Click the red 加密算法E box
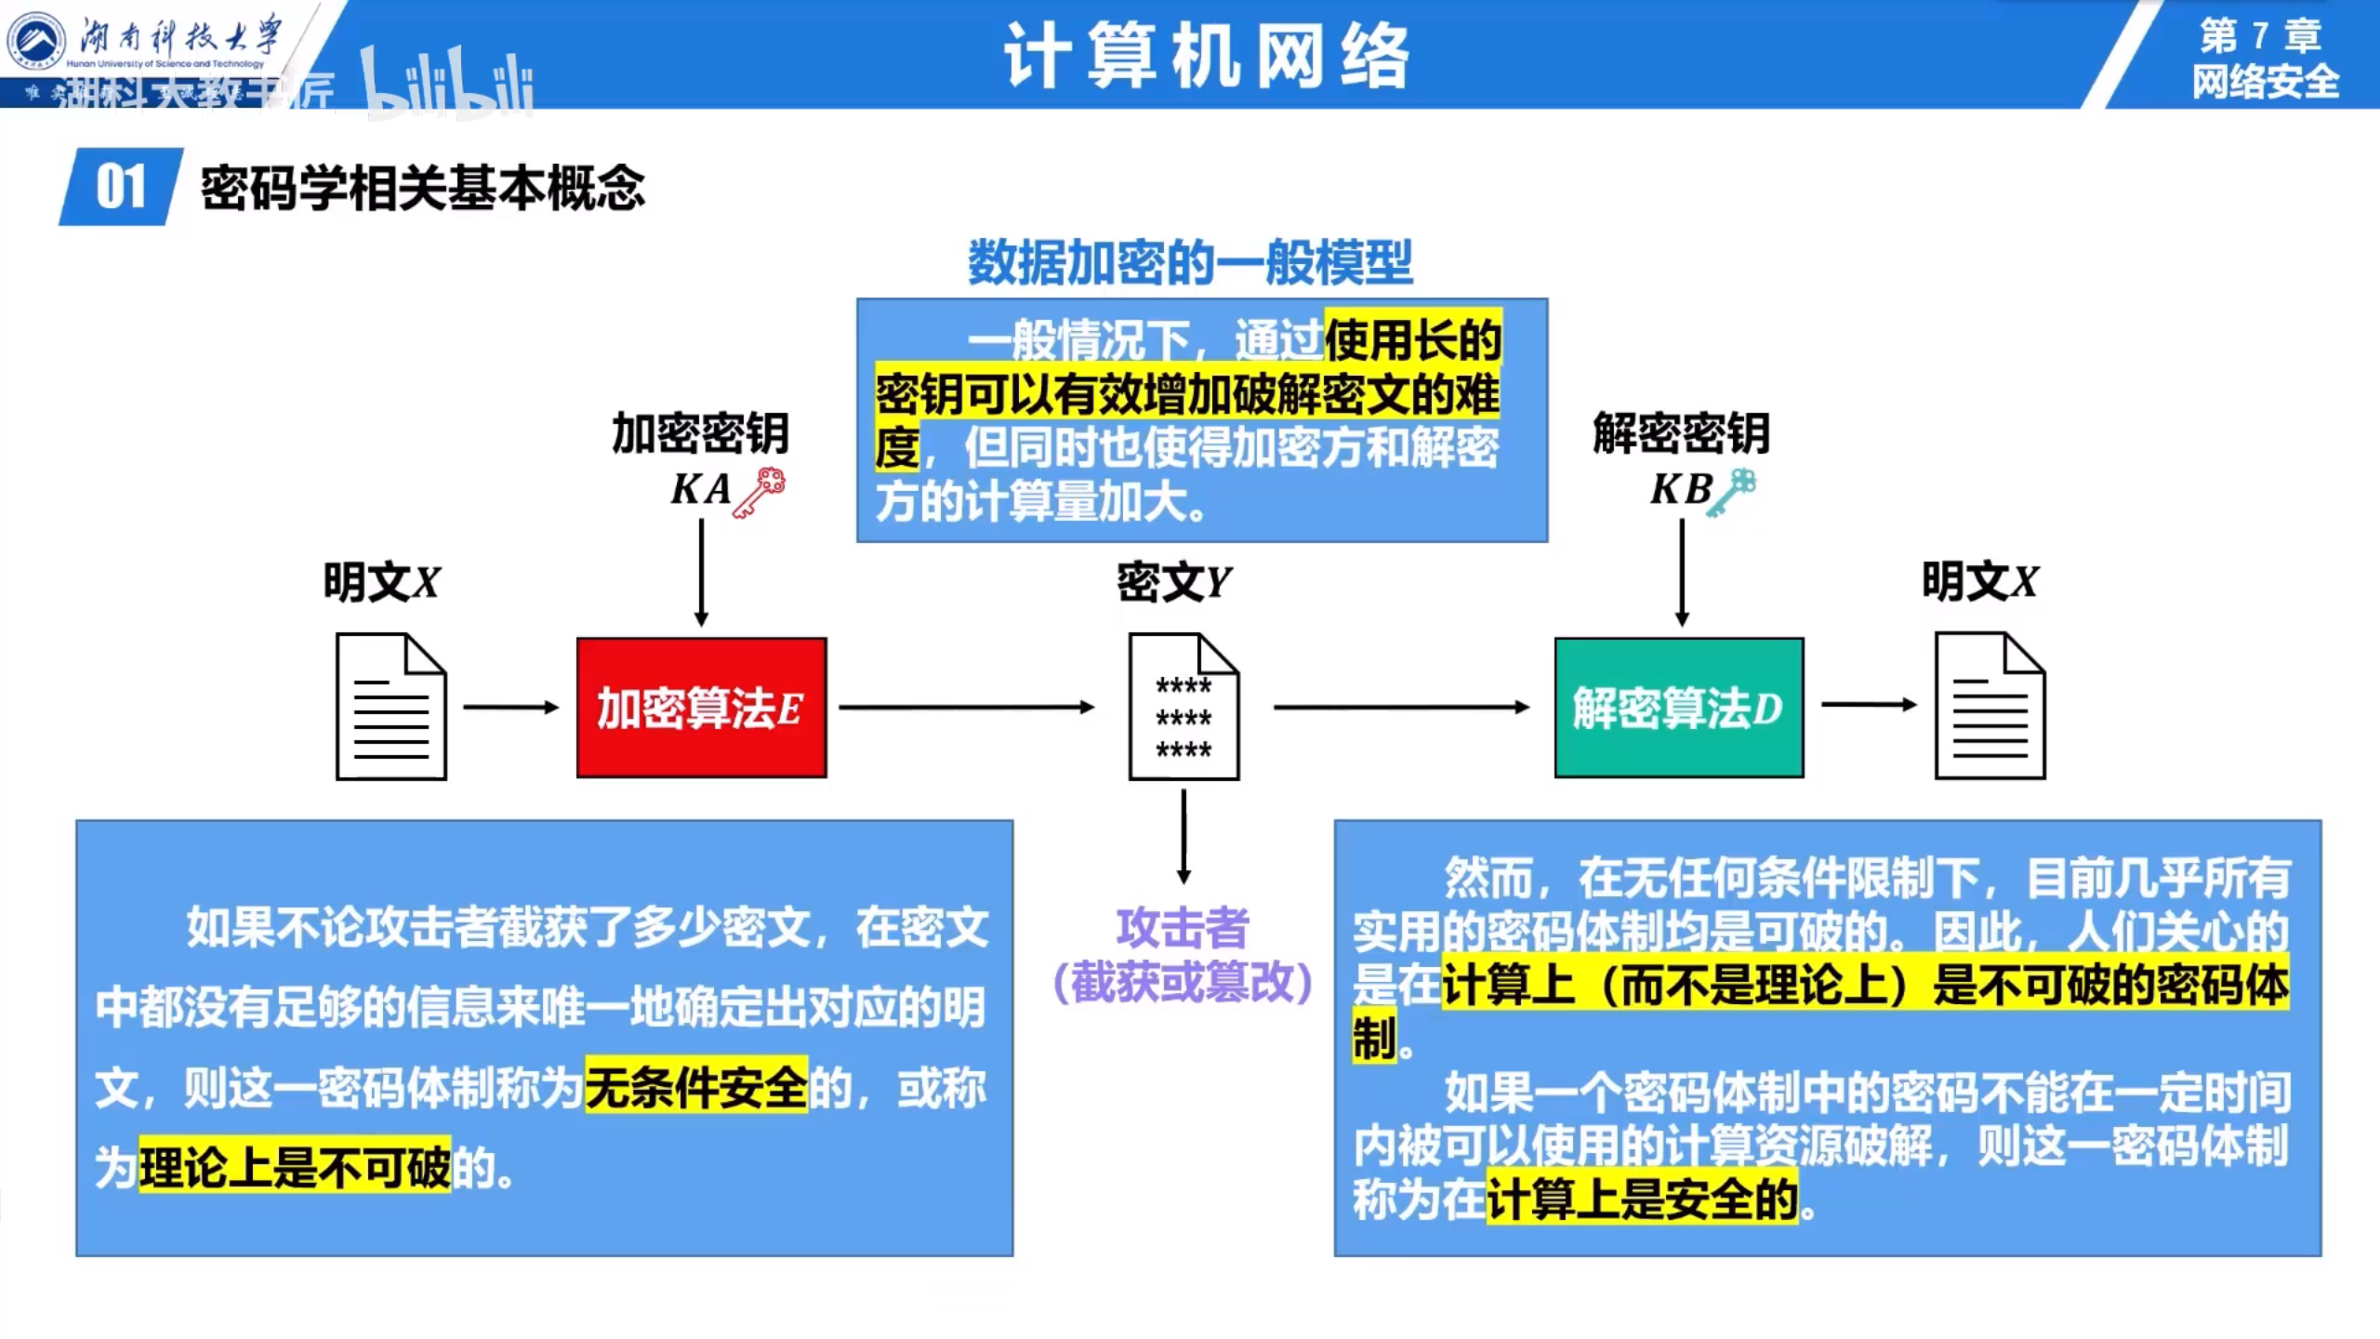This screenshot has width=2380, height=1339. coord(701,707)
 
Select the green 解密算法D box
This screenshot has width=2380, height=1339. coord(1679,707)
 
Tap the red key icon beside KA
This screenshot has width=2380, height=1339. coord(760,492)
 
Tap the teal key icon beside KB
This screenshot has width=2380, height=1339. coord(1735,492)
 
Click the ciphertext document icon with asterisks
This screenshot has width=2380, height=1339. coord(1183,707)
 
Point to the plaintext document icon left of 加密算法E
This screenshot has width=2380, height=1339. coord(391,707)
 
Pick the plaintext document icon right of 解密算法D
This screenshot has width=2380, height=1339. coord(1990,707)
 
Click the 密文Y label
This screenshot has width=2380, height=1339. coord(1173,583)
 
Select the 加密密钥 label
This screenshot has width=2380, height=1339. coord(700,433)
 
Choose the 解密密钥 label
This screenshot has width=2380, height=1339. coord(1681,433)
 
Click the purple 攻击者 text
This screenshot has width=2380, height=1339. coord(1183,928)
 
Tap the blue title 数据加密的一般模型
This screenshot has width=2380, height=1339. coord(1190,262)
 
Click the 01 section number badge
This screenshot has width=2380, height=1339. coord(121,187)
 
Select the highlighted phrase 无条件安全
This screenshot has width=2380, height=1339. coord(696,1088)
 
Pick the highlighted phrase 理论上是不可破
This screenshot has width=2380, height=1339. coord(295,1168)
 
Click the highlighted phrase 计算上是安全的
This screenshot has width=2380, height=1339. coord(1642,1199)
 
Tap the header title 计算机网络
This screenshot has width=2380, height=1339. coord(1207,56)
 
